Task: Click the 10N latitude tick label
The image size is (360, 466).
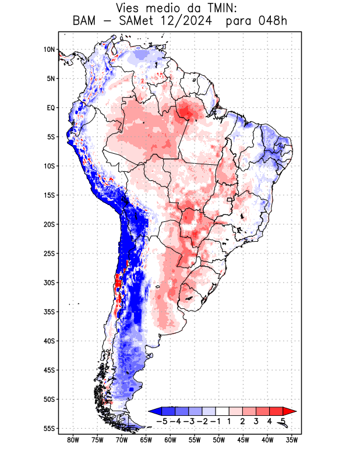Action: point(49,50)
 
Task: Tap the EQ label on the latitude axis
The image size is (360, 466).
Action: point(51,108)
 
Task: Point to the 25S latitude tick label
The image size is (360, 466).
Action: point(49,253)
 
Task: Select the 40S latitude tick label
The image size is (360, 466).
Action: point(49,341)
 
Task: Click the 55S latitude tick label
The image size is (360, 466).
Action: point(49,428)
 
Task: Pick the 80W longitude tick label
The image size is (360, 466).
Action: point(73,440)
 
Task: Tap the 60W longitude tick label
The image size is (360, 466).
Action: point(170,440)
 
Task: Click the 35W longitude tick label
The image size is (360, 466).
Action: point(292,440)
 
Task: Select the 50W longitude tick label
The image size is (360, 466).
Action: point(218,440)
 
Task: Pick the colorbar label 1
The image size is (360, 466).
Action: point(229,421)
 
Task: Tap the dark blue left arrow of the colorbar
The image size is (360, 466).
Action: point(154,411)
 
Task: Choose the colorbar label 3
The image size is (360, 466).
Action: point(256,421)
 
